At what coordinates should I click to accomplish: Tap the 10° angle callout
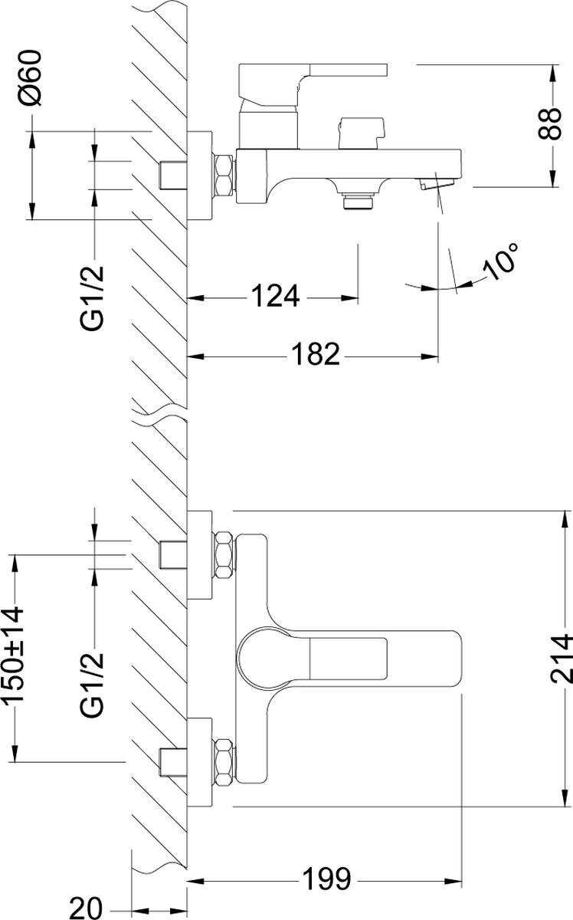tap(501, 261)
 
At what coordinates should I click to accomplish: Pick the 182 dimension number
tap(314, 353)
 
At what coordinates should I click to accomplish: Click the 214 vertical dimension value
tap(562, 659)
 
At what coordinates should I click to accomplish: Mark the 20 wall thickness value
tap(85, 908)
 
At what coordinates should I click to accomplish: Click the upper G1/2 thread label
tap(93, 297)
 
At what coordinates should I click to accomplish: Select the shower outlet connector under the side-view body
tap(357, 200)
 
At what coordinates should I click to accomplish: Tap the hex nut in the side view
tap(223, 176)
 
